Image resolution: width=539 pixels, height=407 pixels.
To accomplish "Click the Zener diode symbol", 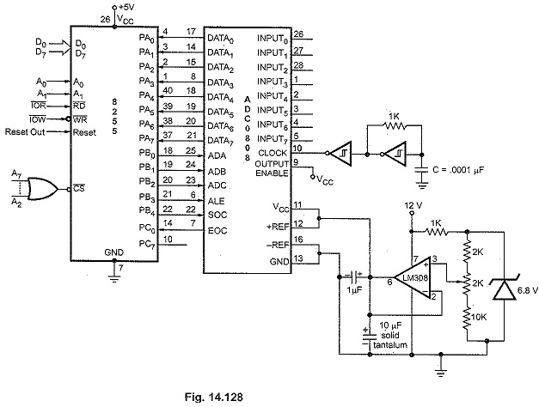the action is tap(504, 289).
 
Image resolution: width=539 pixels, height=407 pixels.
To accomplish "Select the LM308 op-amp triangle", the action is tap(413, 277).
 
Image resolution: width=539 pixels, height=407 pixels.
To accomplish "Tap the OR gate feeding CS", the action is tap(42, 189).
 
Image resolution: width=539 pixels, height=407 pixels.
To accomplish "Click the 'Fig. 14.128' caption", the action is tap(214, 397).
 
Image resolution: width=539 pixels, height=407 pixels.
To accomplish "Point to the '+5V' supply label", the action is tap(126, 7).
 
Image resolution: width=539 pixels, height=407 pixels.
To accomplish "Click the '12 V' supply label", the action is tap(413, 205).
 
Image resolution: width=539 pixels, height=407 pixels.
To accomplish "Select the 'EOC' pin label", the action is tap(217, 230).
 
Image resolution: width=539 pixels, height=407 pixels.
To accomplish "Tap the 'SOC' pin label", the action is tap(217, 215).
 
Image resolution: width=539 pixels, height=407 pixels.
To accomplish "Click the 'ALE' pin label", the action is tap(217, 201).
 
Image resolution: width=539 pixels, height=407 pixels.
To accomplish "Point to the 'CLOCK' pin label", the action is tap(272, 153).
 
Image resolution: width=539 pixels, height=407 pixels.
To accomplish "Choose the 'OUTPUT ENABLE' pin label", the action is tap(272, 168).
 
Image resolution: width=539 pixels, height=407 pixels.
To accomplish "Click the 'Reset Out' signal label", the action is tap(25, 132).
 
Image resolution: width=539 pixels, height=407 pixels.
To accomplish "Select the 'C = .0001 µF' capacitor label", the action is tap(458, 170).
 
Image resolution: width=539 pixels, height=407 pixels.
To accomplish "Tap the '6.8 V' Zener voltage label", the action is tap(527, 290).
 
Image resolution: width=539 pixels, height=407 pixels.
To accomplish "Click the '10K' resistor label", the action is tap(479, 317).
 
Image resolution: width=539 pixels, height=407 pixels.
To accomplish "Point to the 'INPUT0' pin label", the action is tap(273, 39).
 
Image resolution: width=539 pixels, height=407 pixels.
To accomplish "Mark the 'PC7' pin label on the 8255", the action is tap(147, 244).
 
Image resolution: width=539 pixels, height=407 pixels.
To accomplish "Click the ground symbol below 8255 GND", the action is tap(114, 276).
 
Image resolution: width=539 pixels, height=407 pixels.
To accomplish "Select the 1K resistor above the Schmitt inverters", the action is tap(394, 126).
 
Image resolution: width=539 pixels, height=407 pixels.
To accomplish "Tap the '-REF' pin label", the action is tap(278, 246).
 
